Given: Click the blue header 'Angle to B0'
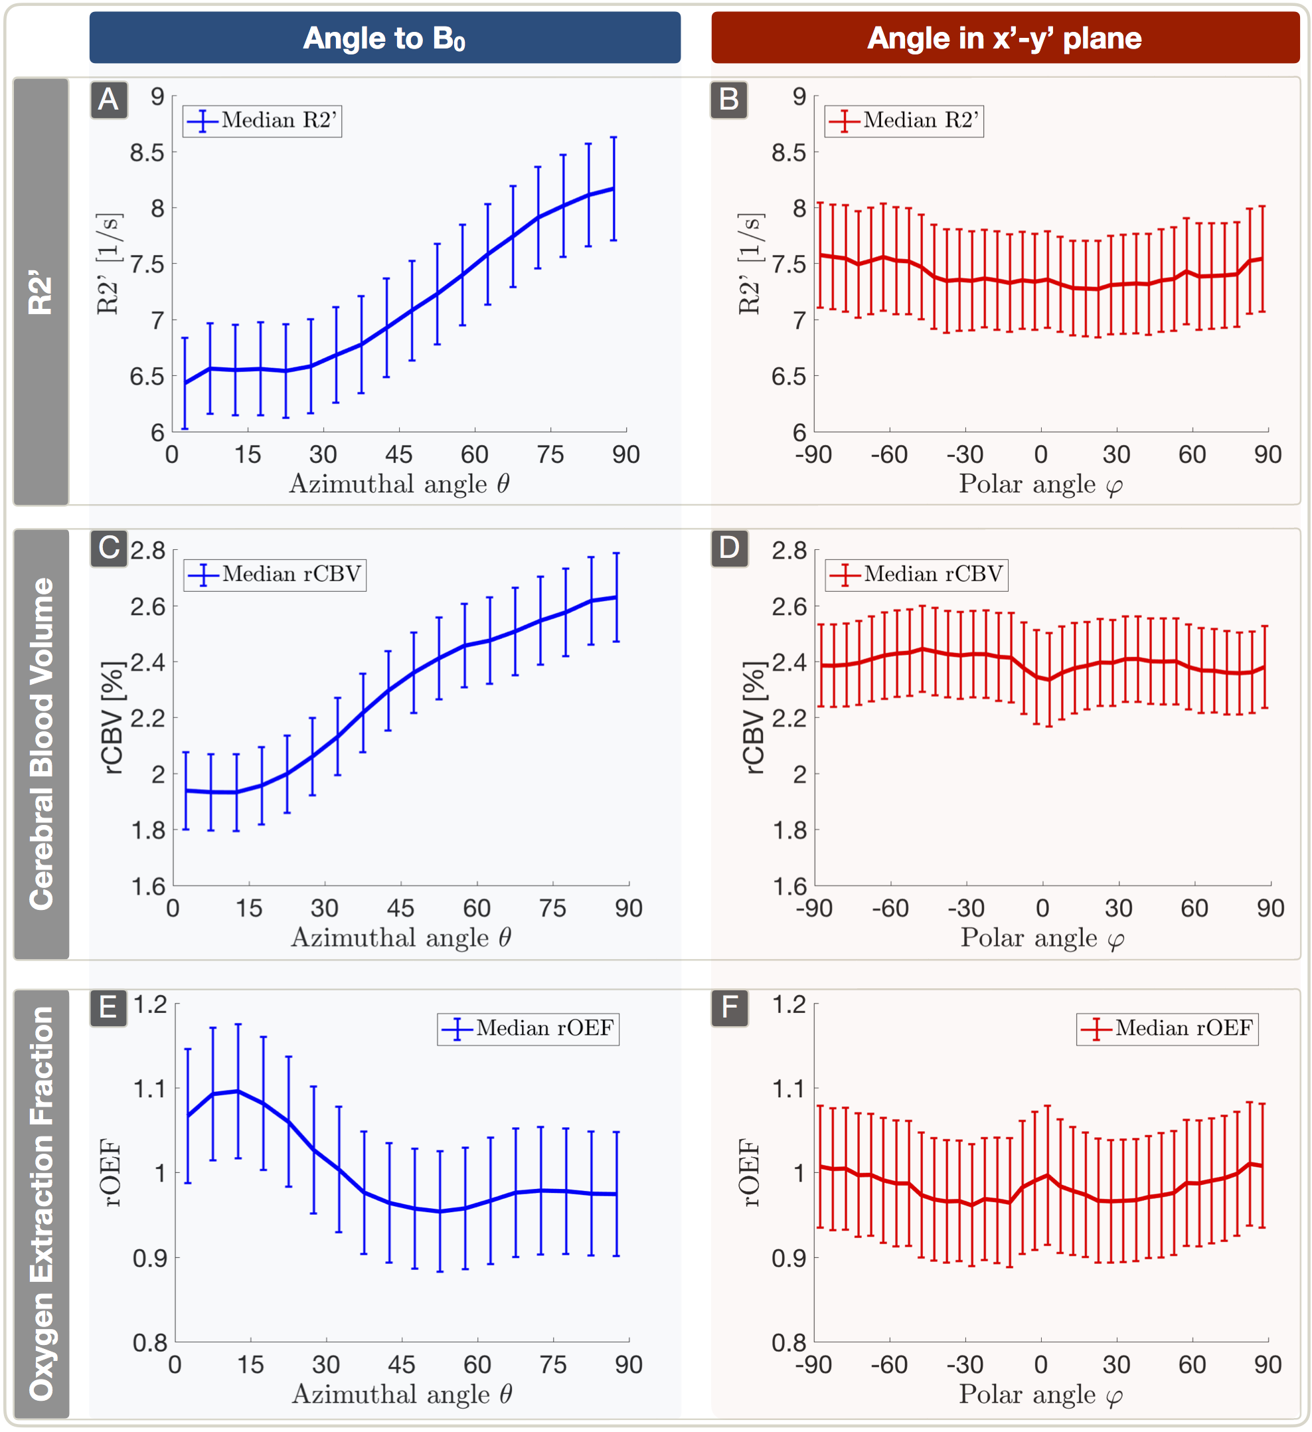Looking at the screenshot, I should (385, 39).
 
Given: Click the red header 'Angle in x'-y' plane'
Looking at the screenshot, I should (1005, 39).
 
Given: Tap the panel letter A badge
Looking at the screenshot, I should (109, 100).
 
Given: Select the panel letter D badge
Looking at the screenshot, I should (729, 548).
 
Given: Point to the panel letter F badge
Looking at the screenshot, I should (729, 1007).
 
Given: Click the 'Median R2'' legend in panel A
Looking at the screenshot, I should (263, 121).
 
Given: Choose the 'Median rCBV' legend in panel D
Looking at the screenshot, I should (916, 574).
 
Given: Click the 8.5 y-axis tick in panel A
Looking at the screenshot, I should (147, 153).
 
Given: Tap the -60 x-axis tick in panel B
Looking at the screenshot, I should (889, 454).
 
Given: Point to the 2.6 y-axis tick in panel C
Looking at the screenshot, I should (147, 606).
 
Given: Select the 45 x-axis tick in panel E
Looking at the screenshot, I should (401, 1364).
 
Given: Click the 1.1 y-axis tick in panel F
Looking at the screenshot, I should (789, 1089).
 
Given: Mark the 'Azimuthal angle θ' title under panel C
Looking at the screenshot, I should (401, 938).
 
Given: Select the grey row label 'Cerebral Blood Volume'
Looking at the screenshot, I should (41, 744).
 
